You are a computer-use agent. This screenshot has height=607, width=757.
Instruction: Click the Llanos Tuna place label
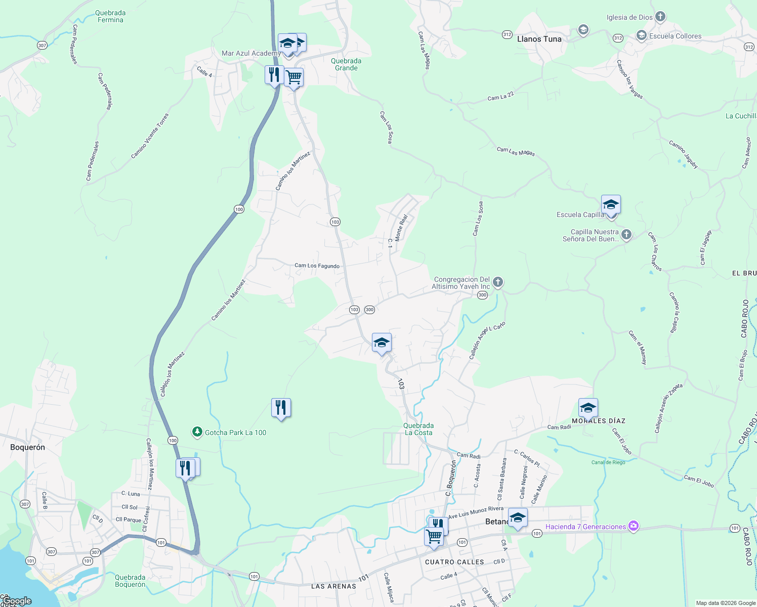539,39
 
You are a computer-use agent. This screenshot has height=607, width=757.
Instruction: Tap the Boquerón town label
27,447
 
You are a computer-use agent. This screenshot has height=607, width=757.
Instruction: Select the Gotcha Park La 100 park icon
197,432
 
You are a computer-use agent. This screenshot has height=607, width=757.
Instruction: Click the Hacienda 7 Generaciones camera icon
633,526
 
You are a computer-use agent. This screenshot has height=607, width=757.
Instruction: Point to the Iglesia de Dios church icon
660,17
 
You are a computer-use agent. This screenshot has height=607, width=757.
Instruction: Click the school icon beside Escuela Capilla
611,205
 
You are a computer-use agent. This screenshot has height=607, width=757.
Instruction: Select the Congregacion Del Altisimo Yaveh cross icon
498,282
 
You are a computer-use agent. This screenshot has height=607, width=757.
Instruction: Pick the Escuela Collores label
675,36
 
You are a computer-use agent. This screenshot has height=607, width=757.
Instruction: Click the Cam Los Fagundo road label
317,266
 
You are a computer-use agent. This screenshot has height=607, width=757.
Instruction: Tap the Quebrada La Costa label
418,429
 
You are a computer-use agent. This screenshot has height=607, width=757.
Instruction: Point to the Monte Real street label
401,228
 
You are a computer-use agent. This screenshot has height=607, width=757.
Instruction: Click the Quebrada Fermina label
110,16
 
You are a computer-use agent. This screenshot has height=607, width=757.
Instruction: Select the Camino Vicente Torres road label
150,136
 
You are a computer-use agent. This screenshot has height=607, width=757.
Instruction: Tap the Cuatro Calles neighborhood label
454,562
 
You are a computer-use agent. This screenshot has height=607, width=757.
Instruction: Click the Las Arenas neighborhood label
333,586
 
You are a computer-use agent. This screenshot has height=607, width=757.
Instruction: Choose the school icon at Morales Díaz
588,408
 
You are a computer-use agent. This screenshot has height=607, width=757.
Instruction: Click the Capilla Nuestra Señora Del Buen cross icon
626,235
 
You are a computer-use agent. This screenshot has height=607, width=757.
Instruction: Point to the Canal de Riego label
608,462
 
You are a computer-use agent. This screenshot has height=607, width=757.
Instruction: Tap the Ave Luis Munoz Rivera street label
476,512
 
